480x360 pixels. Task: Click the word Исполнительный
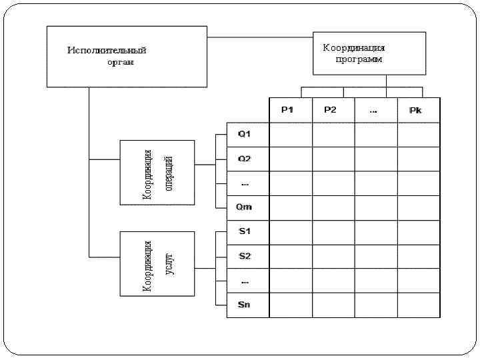pos(107,51)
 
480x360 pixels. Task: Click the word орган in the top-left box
pos(121,62)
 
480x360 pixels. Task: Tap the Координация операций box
pos(157,172)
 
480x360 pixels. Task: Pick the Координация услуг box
pos(157,263)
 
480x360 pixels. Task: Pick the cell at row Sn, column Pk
pos(419,305)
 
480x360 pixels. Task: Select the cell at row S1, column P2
pos(333,231)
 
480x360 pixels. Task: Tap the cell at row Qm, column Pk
pos(419,207)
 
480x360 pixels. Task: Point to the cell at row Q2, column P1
pos(290,159)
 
